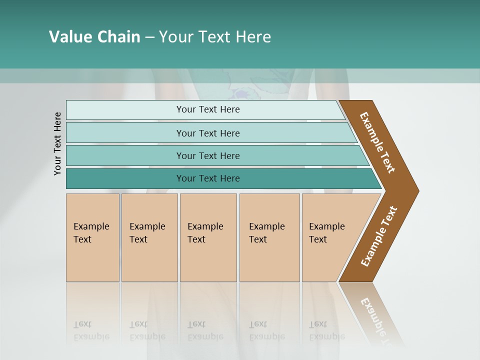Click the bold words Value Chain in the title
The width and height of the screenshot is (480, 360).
point(94,37)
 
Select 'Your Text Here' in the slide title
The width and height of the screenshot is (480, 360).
point(215,37)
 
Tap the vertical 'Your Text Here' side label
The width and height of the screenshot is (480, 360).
point(57,143)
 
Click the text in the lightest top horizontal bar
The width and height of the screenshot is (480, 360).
point(208,109)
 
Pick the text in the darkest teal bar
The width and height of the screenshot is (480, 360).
point(208,178)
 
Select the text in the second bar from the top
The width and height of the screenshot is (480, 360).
point(208,133)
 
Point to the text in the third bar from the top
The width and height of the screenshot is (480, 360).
point(208,156)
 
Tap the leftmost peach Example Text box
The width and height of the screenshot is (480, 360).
point(92,237)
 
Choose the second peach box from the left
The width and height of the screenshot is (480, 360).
point(149,237)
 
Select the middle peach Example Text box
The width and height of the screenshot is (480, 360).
point(207,237)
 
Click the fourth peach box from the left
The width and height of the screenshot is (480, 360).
point(269,237)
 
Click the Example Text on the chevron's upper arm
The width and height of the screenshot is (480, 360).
point(377,142)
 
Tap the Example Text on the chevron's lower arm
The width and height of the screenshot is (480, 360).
point(378,236)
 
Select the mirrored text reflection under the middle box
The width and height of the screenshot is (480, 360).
point(205,330)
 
